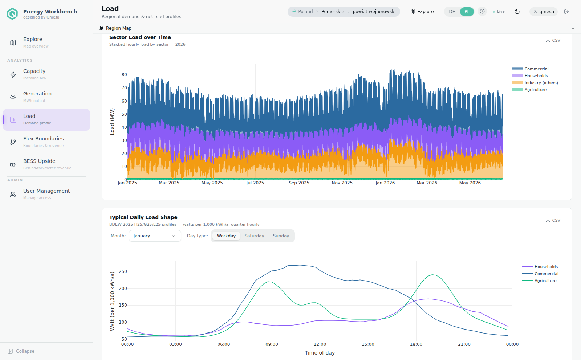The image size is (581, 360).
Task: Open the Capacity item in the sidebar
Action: click(46, 74)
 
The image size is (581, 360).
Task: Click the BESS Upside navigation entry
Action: click(46, 164)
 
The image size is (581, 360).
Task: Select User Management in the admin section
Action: click(46, 194)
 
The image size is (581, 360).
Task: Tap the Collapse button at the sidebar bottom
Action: click(21, 351)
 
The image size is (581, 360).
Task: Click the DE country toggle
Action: click(452, 12)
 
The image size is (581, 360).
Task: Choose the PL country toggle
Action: click(467, 12)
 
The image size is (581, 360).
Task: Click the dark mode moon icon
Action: click(517, 12)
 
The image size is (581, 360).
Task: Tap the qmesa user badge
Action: click(543, 12)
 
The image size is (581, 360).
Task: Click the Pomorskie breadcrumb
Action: click(333, 12)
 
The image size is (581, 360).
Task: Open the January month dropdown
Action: click(155, 236)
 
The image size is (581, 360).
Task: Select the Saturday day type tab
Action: click(254, 236)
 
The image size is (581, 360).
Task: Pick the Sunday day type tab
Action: click(281, 236)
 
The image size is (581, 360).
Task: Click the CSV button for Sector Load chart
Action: click(553, 40)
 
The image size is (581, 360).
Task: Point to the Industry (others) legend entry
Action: click(535, 83)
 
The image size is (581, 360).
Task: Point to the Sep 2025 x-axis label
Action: click(299, 183)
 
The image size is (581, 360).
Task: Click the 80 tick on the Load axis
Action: click(124, 75)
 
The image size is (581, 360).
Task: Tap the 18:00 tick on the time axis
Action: click(416, 344)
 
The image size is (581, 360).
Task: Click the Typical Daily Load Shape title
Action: click(143, 217)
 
